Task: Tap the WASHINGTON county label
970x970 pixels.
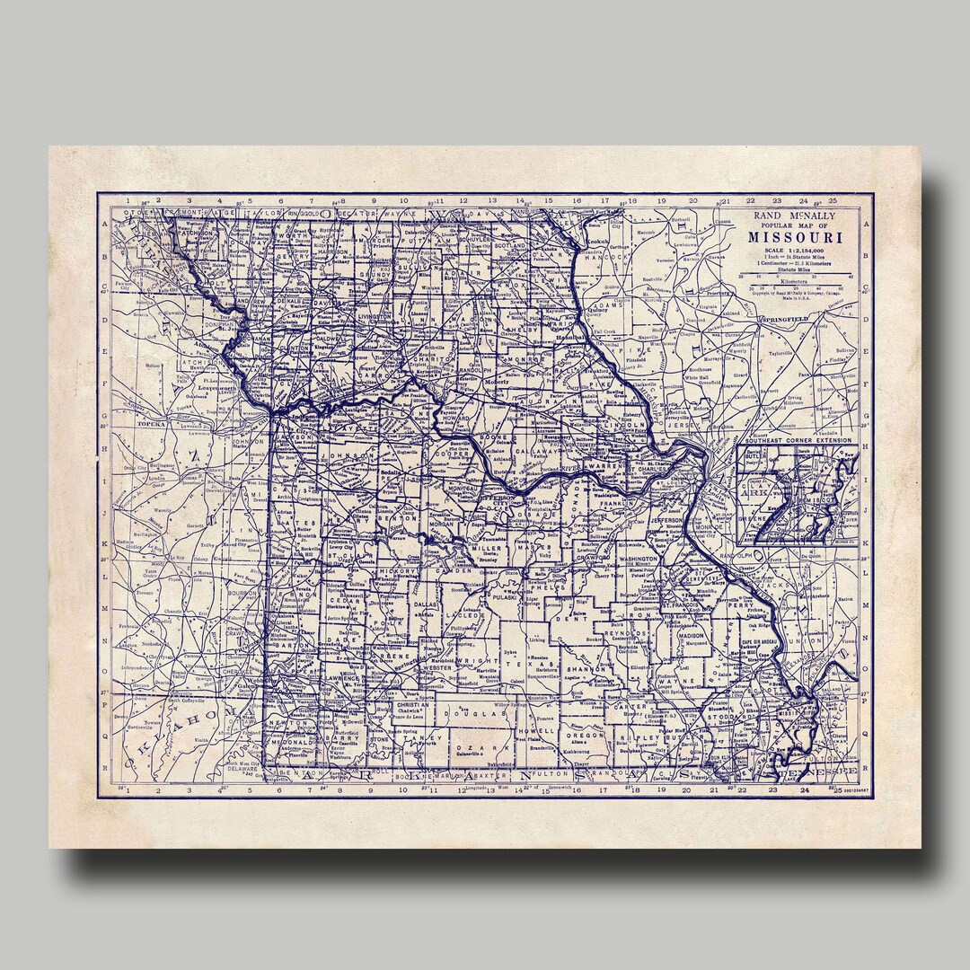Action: click(x=639, y=559)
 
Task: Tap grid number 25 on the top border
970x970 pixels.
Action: click(x=833, y=200)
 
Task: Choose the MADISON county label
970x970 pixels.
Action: click(x=692, y=635)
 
